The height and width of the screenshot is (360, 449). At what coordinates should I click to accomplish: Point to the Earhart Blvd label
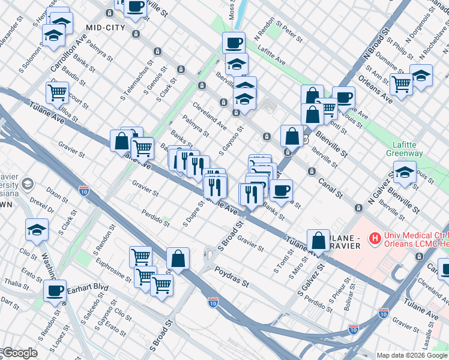click(88, 287)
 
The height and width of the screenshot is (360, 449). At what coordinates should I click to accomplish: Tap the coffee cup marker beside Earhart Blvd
click(55, 291)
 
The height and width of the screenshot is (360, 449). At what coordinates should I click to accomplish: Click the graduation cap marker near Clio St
click(37, 229)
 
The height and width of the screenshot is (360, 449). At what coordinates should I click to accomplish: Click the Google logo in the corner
click(19, 353)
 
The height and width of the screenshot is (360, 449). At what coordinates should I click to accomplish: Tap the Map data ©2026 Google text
click(412, 355)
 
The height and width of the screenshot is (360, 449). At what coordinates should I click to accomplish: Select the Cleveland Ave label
click(209, 116)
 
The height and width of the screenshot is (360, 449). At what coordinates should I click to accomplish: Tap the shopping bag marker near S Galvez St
click(318, 241)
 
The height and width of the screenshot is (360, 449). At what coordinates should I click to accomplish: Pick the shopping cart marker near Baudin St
click(57, 93)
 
